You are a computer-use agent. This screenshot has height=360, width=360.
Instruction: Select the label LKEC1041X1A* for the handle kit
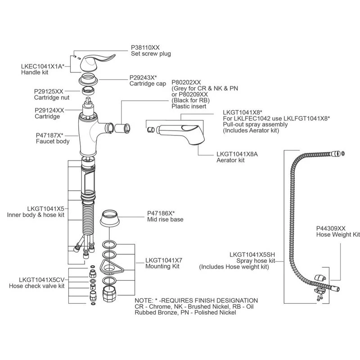click(43, 66)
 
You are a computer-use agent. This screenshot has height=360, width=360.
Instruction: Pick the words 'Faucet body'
click(53, 141)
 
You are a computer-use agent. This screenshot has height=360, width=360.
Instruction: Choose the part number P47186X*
click(161, 213)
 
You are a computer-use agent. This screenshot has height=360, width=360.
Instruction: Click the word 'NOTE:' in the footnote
click(144, 300)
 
